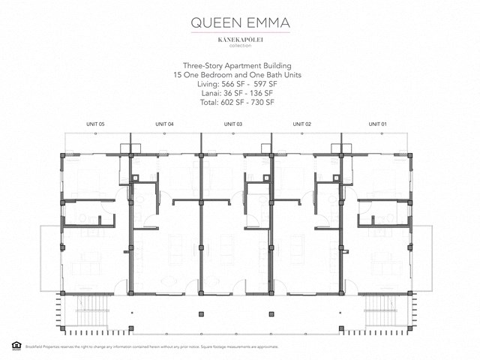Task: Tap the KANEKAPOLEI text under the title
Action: point(240,38)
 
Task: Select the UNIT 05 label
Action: point(96,123)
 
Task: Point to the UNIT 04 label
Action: point(164,123)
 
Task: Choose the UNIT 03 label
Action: point(233,123)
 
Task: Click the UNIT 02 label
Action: point(302,123)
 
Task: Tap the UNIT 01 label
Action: point(377,123)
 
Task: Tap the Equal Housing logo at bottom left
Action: point(16,345)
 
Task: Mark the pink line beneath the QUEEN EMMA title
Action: point(240,32)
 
